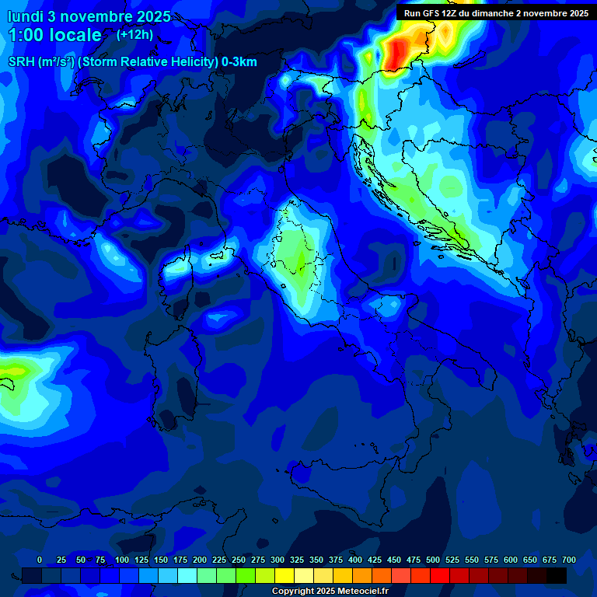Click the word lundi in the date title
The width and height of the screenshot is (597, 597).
pyautogui.click(x=25, y=16)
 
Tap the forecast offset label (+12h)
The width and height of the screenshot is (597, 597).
pyautogui.click(x=134, y=34)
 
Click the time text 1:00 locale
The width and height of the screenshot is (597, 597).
pyautogui.click(x=54, y=35)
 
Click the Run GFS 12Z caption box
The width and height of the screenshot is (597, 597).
pyautogui.click(x=496, y=12)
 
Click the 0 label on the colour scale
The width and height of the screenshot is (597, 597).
pyautogui.click(x=40, y=560)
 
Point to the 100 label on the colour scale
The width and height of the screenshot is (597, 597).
pyautogui.click(x=121, y=560)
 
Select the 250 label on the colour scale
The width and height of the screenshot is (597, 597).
pyautogui.click(x=239, y=560)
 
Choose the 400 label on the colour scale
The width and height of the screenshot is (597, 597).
pyautogui.click(x=355, y=560)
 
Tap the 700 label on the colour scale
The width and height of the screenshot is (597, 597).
pyautogui.click(x=569, y=560)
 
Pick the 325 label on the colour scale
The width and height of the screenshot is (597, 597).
pyautogui.click(x=297, y=560)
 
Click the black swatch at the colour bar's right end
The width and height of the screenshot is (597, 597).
pyautogui.click(x=557, y=575)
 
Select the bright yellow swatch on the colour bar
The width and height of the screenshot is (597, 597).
pyautogui.click(x=285, y=575)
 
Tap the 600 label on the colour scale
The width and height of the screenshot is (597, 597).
pyautogui.click(x=511, y=560)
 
